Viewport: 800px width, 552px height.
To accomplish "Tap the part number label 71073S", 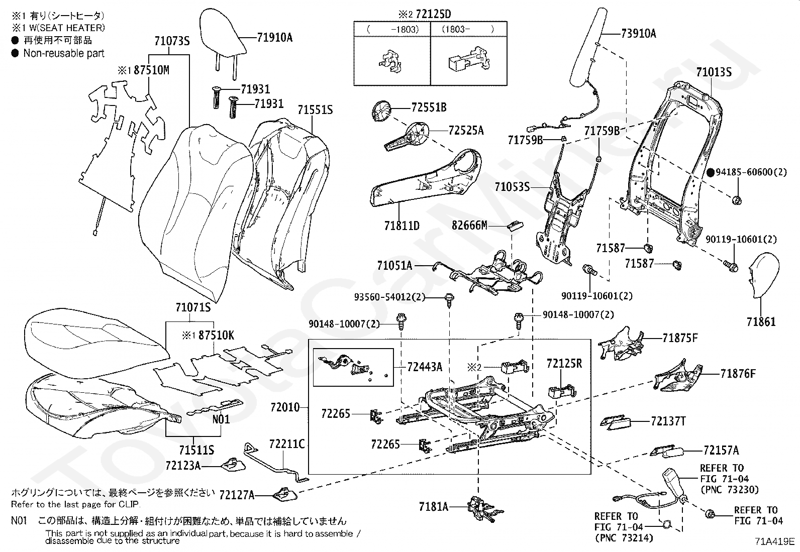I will coord(172,42).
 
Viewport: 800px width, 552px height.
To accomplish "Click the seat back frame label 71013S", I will coord(714,72).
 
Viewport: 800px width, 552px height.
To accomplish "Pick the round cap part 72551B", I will coord(382,111).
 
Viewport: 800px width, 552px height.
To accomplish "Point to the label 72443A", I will coord(425,367).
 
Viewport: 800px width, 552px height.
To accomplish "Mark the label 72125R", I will coord(564,363).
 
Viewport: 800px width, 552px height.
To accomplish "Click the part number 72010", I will coord(285,407).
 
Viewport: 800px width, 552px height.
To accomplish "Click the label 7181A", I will coord(433,507).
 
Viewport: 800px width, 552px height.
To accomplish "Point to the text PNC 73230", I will coord(729,489).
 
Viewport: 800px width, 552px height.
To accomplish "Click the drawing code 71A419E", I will coord(774,542).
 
